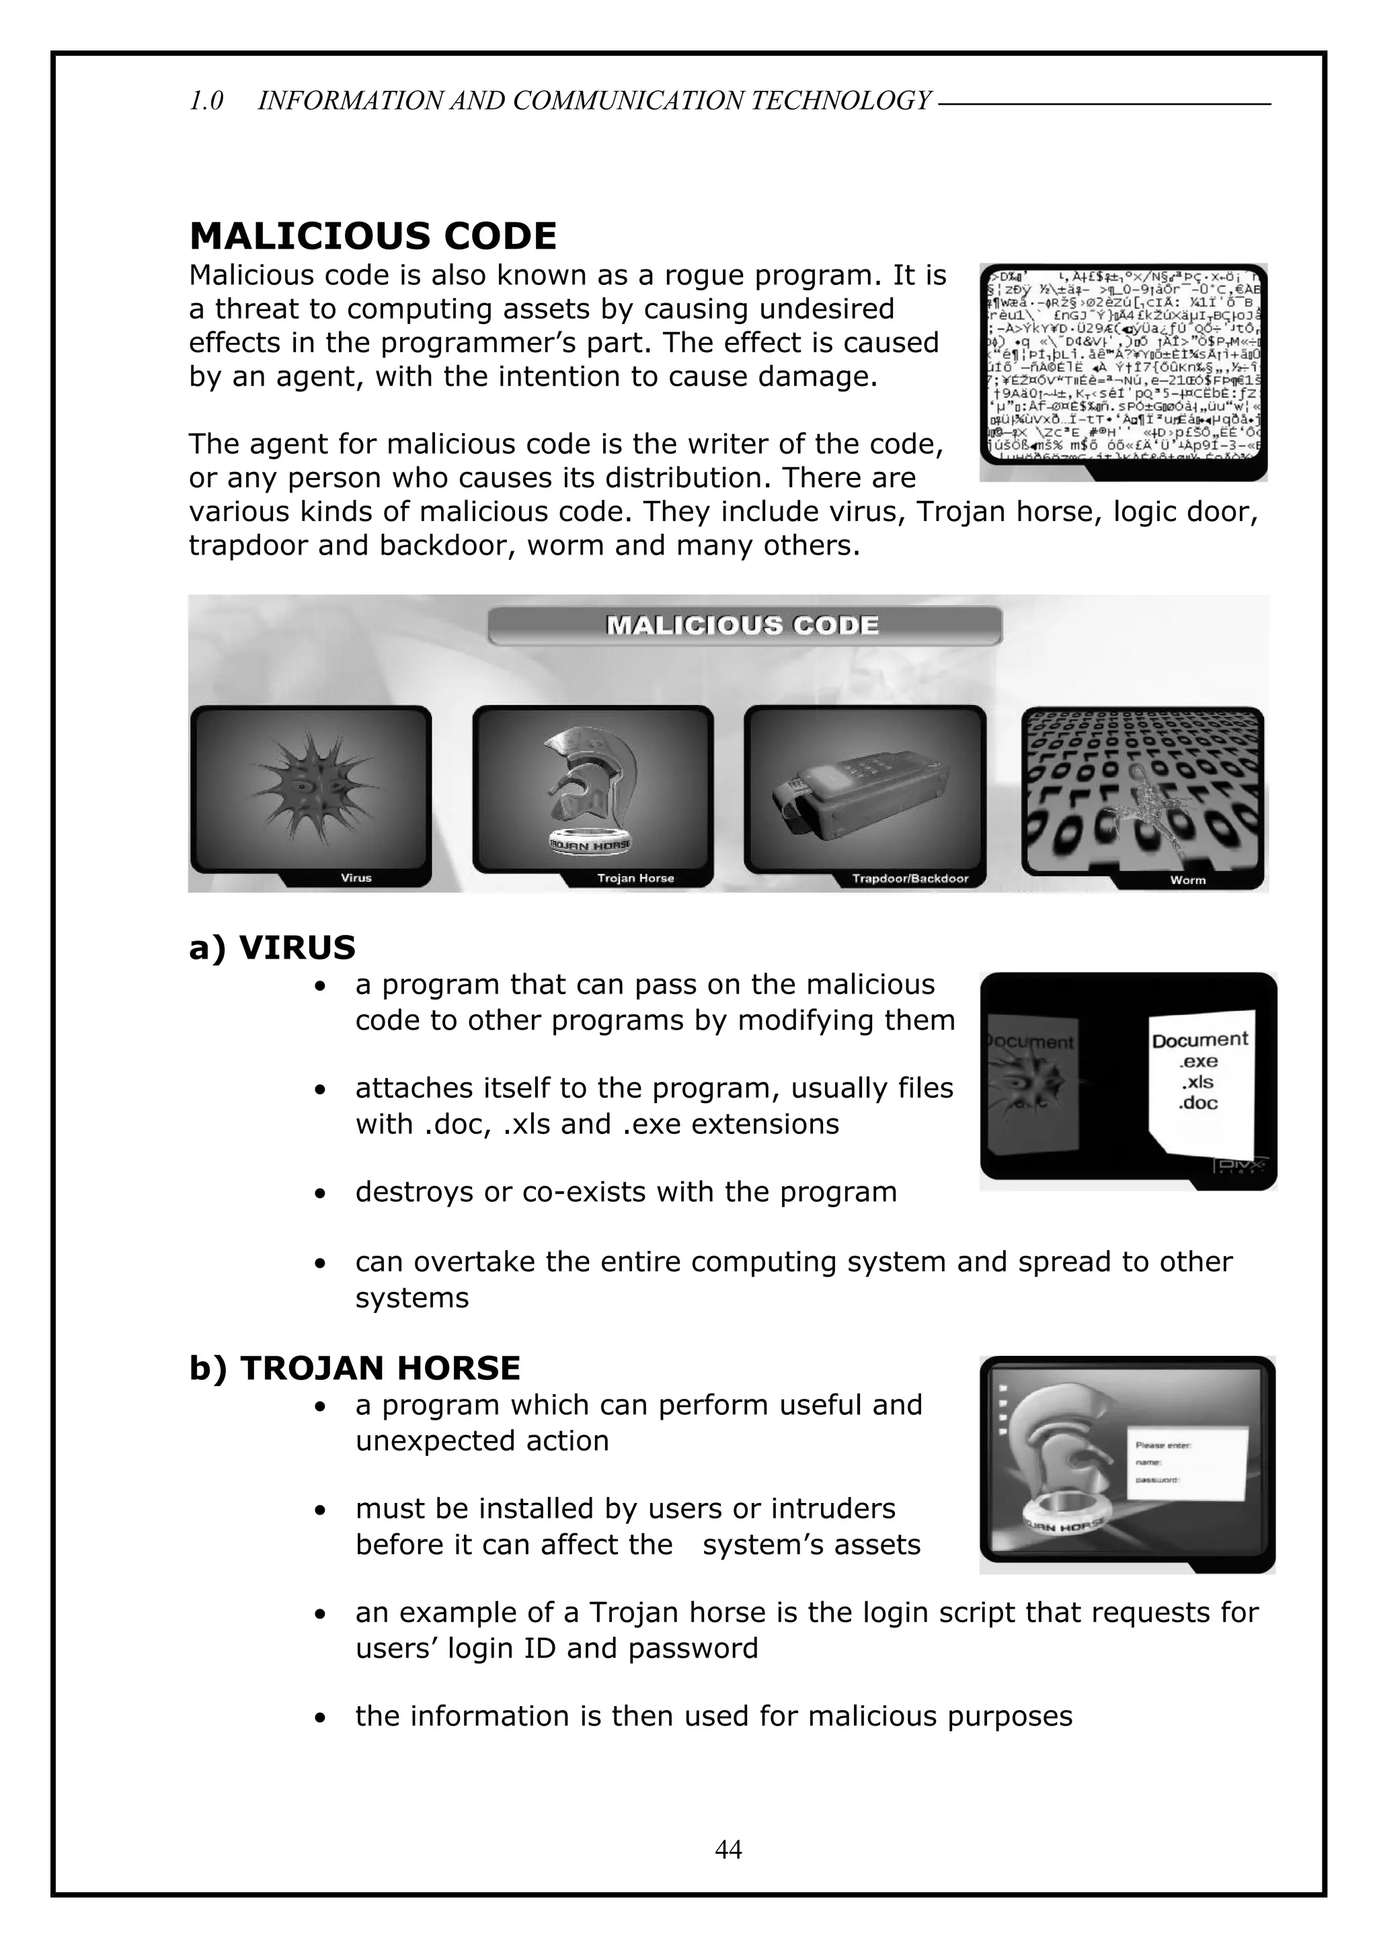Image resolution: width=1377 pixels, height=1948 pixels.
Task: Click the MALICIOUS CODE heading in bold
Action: [372, 236]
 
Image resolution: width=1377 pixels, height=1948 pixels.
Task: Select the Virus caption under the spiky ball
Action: [356, 878]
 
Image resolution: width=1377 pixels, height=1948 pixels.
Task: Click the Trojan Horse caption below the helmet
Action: [635, 878]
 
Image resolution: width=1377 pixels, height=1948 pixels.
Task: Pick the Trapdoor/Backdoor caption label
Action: [910, 878]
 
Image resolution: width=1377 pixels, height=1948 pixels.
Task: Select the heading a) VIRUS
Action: [272, 948]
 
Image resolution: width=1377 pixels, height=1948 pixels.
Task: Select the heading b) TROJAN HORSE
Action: [354, 1369]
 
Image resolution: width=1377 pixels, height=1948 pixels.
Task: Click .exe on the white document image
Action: [1198, 1061]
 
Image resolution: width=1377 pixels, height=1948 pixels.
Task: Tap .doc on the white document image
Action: [1198, 1103]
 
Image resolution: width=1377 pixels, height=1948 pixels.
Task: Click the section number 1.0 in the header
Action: [206, 101]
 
